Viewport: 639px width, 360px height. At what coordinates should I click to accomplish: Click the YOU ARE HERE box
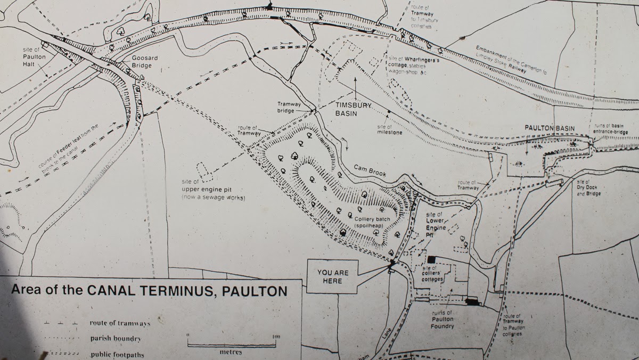click(x=333, y=277)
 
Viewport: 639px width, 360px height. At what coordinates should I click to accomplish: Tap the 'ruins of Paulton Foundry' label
click(x=442, y=319)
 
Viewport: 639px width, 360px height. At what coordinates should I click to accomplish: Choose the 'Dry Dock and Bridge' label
click(x=589, y=190)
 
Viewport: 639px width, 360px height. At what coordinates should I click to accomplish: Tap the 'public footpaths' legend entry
click(x=117, y=354)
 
